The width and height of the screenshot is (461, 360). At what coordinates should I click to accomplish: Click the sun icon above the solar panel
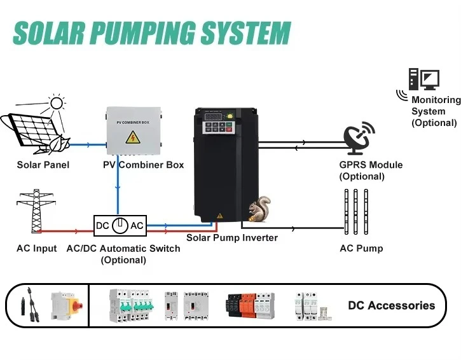click(57, 103)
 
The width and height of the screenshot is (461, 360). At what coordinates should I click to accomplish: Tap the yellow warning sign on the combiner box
click(134, 136)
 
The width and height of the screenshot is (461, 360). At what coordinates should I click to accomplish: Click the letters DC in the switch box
click(102, 226)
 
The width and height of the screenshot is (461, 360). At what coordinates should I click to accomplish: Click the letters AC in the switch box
click(137, 226)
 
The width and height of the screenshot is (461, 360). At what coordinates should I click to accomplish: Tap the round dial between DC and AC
click(120, 226)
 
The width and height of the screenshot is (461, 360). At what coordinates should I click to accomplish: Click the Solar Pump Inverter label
click(231, 238)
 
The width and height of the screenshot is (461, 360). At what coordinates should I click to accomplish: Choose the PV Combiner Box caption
click(143, 165)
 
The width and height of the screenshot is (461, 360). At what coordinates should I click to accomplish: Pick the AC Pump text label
click(361, 248)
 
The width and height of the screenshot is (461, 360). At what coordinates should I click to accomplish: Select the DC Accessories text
click(391, 305)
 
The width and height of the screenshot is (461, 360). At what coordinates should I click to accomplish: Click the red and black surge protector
click(250, 306)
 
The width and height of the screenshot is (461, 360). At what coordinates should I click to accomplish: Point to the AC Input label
click(36, 248)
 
